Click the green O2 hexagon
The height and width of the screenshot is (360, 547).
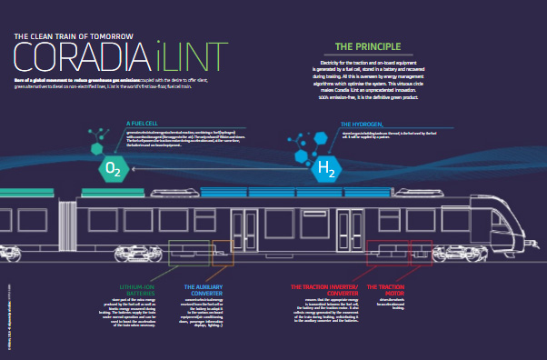point(114,169)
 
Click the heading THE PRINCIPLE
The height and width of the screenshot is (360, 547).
point(368,46)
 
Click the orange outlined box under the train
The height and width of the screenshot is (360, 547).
point(223,252)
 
